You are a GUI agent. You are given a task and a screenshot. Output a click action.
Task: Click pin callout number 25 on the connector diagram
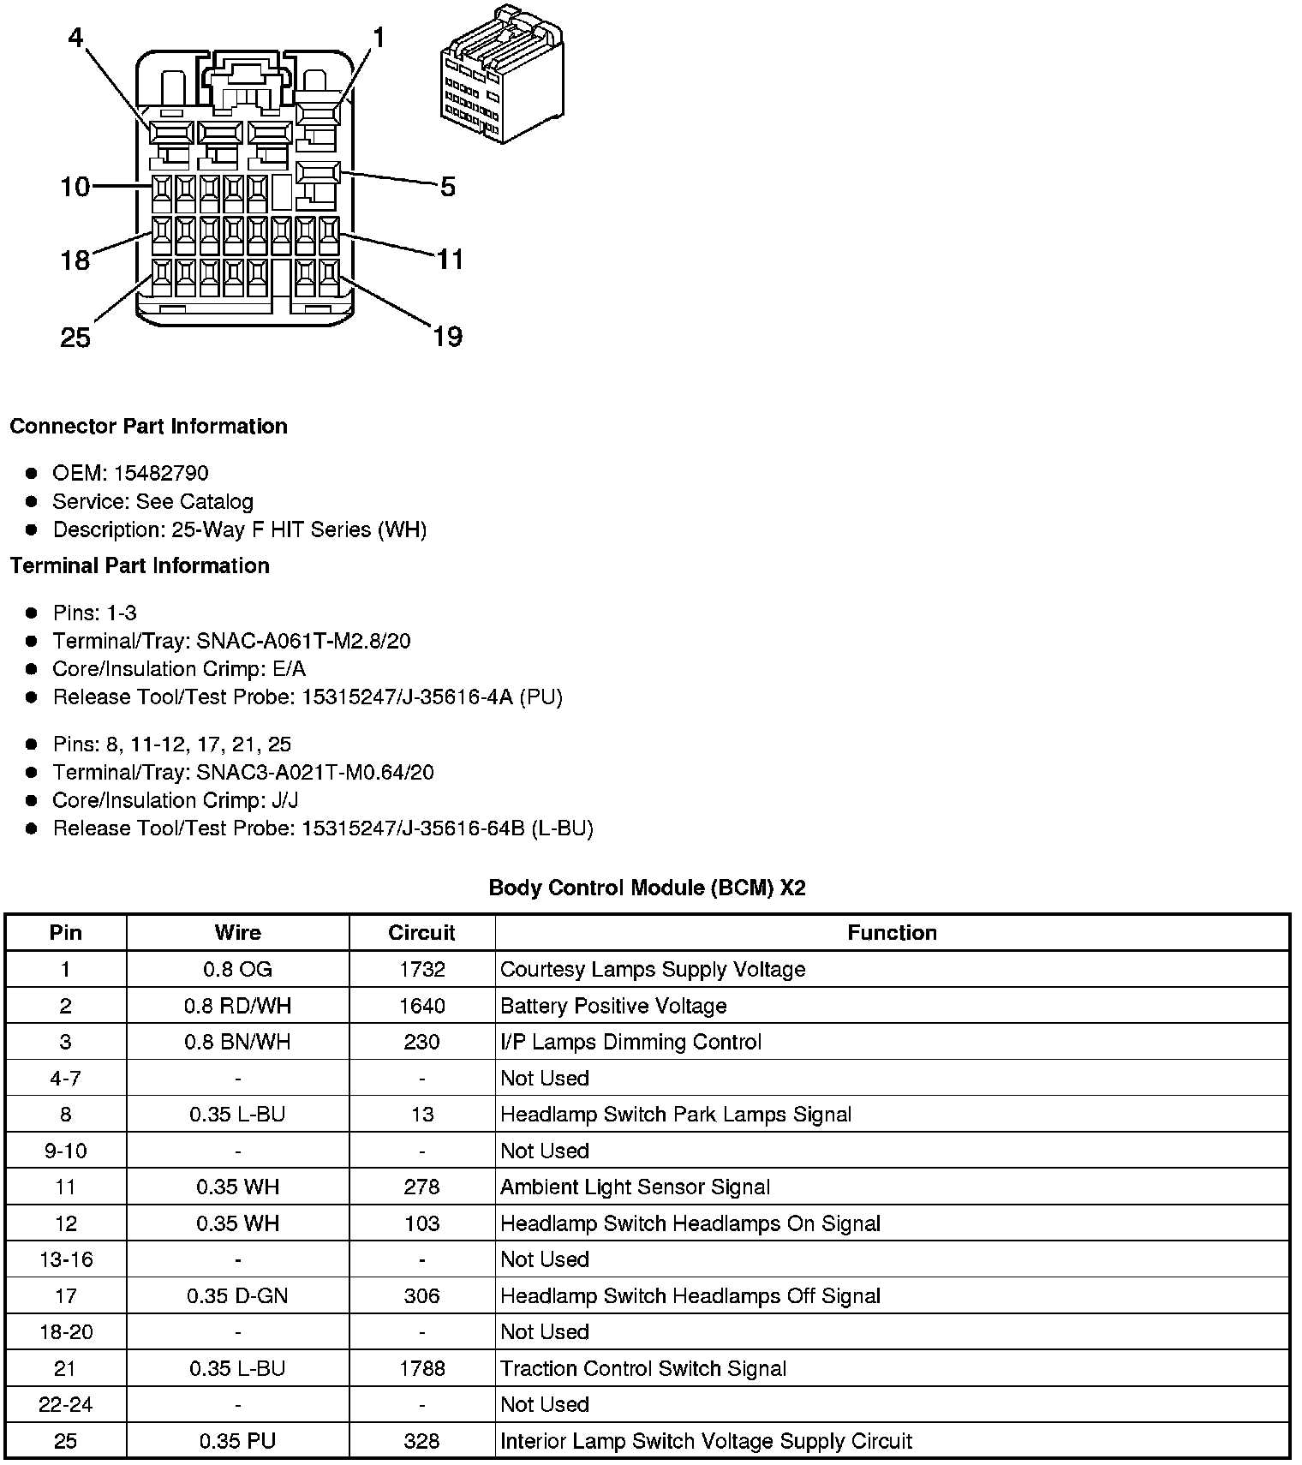click(x=75, y=338)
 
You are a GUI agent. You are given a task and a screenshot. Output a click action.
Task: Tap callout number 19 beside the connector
click(x=447, y=337)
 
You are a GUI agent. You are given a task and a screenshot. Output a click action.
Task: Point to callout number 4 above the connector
click(x=76, y=39)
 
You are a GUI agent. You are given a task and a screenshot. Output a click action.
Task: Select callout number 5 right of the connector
click(x=447, y=187)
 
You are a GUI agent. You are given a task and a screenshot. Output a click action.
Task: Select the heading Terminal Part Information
click(x=140, y=565)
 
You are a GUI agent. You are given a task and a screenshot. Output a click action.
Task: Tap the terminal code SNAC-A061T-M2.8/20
click(x=303, y=641)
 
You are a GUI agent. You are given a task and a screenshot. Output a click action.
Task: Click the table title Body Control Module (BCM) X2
click(x=647, y=888)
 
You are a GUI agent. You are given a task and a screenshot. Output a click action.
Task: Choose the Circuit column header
click(x=421, y=933)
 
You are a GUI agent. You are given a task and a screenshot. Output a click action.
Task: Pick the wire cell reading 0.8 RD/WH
click(x=237, y=1006)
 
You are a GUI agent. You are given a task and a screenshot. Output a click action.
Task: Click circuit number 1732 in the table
click(x=421, y=969)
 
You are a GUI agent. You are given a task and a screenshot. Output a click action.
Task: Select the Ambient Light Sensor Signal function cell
click(x=635, y=1187)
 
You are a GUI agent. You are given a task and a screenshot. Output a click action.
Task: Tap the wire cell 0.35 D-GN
click(x=237, y=1295)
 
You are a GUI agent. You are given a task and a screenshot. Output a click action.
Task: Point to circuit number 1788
click(x=421, y=1368)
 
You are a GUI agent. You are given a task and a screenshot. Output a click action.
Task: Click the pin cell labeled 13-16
click(x=66, y=1259)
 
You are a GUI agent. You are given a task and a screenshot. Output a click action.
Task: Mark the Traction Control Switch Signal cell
click(x=643, y=1368)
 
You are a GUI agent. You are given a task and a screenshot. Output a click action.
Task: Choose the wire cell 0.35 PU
click(x=237, y=1441)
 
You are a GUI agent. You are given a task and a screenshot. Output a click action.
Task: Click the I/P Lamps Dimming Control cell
click(x=630, y=1042)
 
